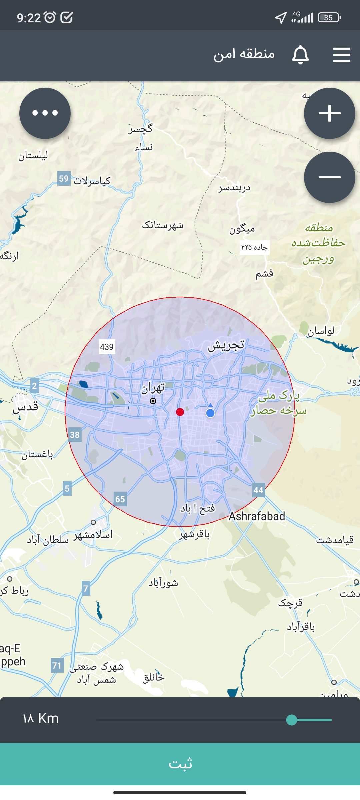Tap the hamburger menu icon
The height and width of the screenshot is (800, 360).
coord(342,55)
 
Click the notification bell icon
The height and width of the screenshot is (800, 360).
coord(300,55)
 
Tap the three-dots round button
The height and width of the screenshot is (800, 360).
coord(45,113)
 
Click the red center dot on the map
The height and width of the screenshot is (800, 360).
coord(180,412)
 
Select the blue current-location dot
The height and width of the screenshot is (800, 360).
coord(210,413)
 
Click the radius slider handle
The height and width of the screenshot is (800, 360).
coord(292,720)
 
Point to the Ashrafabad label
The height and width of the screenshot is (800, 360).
coord(257,516)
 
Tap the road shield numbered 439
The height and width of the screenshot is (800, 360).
coord(107,347)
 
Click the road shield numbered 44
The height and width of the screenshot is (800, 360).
coord(258,490)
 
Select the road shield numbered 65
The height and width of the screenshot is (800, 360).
coord(120,499)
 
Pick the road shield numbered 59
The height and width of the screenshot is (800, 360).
coord(64,179)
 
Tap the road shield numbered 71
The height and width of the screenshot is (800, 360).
coord(57,666)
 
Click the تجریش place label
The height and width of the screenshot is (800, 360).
coord(226,346)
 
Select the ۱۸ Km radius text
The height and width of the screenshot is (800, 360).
coord(41,719)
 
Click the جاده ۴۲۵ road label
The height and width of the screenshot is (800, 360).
coord(254,247)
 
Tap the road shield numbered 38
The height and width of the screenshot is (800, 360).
coord(75,435)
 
